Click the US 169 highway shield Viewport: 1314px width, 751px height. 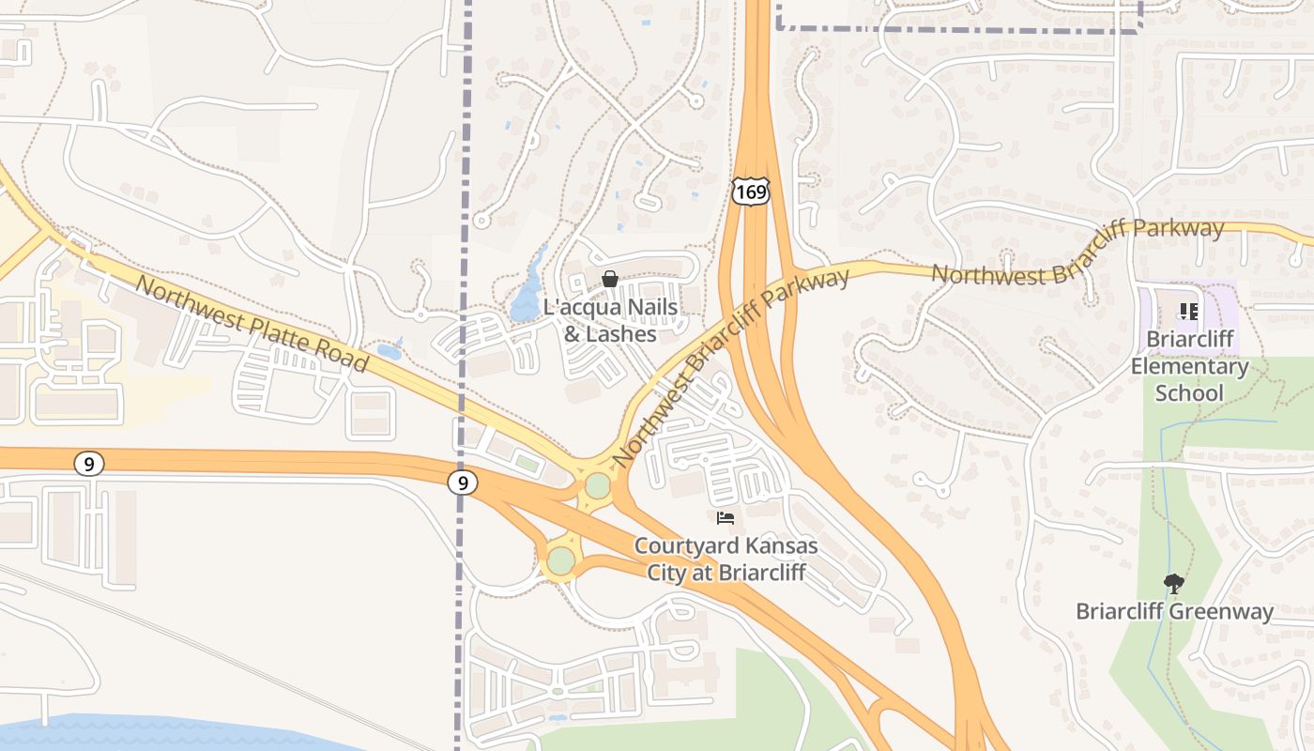(751, 192)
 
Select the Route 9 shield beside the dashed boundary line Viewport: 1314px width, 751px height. (462, 483)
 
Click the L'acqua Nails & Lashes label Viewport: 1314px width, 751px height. (610, 320)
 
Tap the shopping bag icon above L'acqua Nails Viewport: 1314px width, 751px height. (610, 279)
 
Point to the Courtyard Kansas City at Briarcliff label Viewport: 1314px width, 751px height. (726, 559)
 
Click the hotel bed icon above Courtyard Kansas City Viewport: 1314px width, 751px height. (725, 517)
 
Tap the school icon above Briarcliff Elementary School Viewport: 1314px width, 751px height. (1188, 311)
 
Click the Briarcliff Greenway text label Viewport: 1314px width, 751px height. (1174, 612)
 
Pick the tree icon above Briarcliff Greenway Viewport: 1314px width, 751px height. (1173, 584)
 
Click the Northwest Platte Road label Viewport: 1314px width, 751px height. (252, 322)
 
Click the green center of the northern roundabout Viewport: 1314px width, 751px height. (598, 486)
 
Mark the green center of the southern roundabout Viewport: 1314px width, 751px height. (561, 561)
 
